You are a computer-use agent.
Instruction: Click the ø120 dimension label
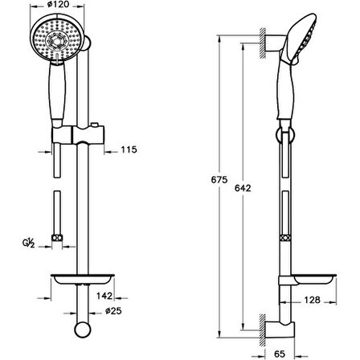click(x=58, y=5)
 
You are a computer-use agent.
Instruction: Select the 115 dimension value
click(x=129, y=149)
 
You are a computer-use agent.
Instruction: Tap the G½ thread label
click(x=28, y=243)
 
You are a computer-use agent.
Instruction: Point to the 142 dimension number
click(x=104, y=296)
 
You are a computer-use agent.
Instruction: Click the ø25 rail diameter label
click(x=113, y=311)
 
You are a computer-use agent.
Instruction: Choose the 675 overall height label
click(x=219, y=179)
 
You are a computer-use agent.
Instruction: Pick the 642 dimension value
click(x=243, y=188)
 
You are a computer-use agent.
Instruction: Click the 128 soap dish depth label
click(x=312, y=300)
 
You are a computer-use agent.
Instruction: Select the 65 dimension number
click(x=280, y=354)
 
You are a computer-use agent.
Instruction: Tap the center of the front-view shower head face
click(x=56, y=40)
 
